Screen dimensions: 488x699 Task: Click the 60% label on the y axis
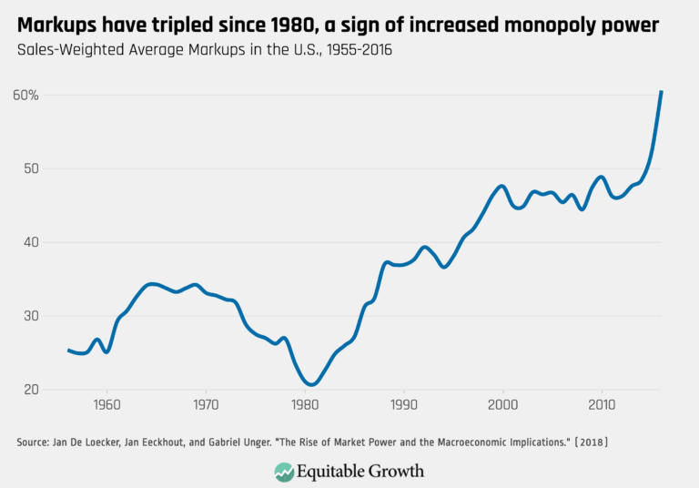click(x=27, y=95)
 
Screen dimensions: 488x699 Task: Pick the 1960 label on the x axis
click(x=106, y=403)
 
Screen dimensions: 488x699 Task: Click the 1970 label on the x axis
click(x=206, y=403)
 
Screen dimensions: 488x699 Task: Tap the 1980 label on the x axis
click(x=305, y=403)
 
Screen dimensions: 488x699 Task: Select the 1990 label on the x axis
click(x=403, y=403)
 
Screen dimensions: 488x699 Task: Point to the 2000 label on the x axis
click(x=502, y=403)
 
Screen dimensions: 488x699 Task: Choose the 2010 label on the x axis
click(x=601, y=403)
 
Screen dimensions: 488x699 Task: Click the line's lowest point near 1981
click(x=311, y=384)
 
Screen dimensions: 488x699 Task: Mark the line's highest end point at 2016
click(x=662, y=91)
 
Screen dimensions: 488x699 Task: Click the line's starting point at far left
click(x=69, y=350)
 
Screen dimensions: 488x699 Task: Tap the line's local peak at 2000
click(x=501, y=186)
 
